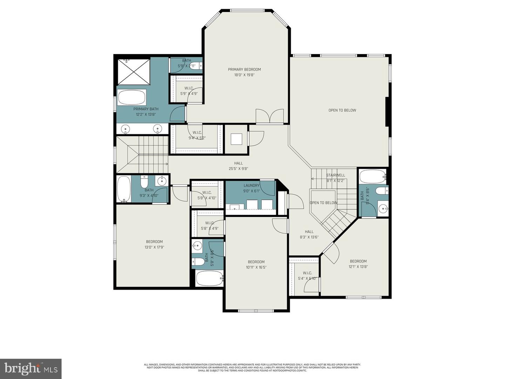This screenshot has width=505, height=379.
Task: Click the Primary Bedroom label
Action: pyautogui.click(x=244, y=69)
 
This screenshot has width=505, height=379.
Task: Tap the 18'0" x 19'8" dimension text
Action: pyautogui.click(x=244, y=75)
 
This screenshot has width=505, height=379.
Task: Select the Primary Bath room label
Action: pyautogui.click(x=146, y=109)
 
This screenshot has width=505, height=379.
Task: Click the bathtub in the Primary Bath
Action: pyautogui.click(x=132, y=97)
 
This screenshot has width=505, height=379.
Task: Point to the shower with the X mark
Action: pyautogui.click(x=133, y=72)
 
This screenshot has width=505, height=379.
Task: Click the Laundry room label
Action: pyautogui.click(x=251, y=186)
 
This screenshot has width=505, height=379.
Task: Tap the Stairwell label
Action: pyautogui.click(x=336, y=175)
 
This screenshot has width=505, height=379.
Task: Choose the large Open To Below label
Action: pyautogui.click(x=342, y=110)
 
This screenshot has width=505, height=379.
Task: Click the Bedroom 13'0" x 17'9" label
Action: pyautogui.click(x=154, y=242)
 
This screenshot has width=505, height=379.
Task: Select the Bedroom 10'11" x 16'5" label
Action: pyautogui.click(x=256, y=262)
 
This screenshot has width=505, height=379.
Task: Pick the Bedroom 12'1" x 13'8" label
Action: pyautogui.click(x=358, y=261)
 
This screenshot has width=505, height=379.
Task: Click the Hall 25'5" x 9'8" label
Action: pyautogui.click(x=238, y=163)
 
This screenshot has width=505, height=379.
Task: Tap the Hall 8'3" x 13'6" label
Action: pyautogui.click(x=309, y=232)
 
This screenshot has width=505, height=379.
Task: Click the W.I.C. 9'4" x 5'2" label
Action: pyautogui.click(x=197, y=133)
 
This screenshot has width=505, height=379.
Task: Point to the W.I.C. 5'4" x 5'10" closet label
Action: pyautogui.click(x=307, y=273)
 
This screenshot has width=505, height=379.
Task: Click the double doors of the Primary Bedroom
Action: pyautogui.click(x=269, y=116)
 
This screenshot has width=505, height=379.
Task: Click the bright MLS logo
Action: pyautogui.click(x=31, y=368)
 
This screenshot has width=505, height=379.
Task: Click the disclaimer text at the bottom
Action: pyautogui.click(x=252, y=367)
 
